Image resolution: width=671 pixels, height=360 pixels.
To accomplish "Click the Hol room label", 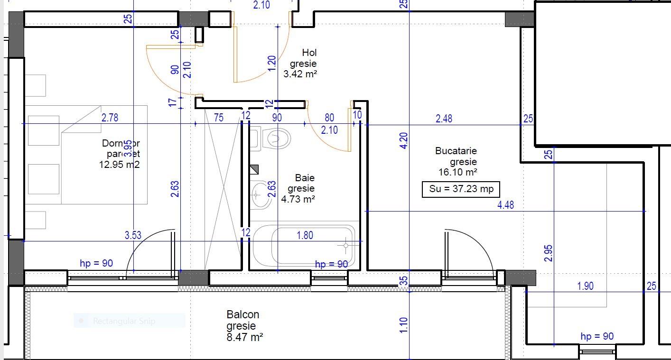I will tap(309, 53).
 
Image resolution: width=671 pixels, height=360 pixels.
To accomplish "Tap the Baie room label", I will tap(305, 178).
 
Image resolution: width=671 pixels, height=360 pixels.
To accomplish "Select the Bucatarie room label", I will tap(456, 151).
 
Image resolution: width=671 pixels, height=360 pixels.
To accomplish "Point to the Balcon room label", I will tap(242, 314).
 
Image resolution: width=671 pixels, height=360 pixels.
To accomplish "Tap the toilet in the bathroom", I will tap(276, 138).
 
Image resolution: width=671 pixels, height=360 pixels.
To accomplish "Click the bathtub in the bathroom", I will tap(304, 246).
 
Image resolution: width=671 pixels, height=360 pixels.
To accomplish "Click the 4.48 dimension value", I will tap(505, 205).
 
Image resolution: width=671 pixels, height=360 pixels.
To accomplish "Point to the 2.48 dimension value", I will tap(444, 119).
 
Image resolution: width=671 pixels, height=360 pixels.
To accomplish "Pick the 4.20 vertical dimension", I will tap(403, 141).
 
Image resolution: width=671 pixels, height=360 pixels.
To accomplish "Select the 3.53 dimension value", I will tap(133, 235).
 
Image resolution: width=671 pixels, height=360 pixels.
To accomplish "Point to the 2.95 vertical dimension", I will tap(549, 253).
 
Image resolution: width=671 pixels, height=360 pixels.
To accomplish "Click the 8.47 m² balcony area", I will tap(245, 337).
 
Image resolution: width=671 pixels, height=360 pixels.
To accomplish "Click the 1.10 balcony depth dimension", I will tap(403, 325).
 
